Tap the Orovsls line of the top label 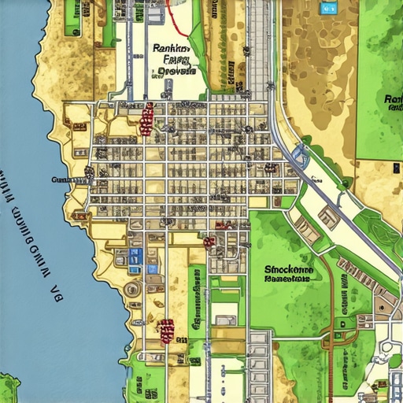(176, 72)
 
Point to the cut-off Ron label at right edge (393, 99)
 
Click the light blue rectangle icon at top (326, 7)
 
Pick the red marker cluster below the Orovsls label (146, 119)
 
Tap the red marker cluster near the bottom (166, 331)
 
